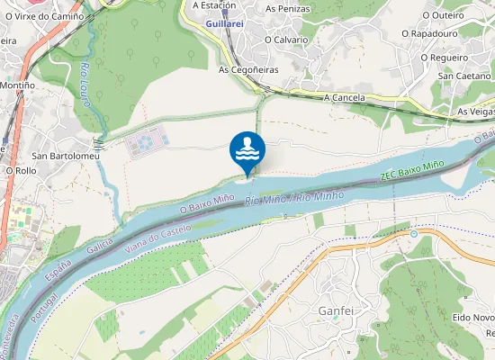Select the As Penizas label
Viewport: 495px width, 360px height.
click(x=287, y=8)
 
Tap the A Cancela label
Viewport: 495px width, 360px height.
click(x=344, y=96)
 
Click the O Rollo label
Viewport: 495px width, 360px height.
click(x=21, y=170)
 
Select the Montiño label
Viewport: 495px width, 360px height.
click(x=17, y=85)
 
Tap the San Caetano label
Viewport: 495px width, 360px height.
click(x=463, y=76)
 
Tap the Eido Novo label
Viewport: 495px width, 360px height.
click(x=473, y=318)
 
